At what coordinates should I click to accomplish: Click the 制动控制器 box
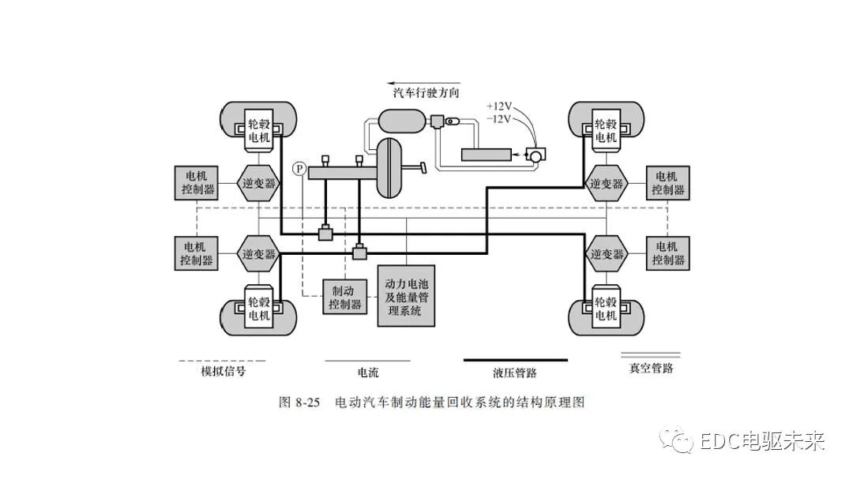345,297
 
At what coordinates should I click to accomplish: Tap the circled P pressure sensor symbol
299,168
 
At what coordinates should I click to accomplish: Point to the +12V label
499,106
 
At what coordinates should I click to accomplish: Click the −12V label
499,118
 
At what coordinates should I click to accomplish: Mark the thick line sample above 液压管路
514,360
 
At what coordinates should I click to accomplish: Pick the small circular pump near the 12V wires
536,155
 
